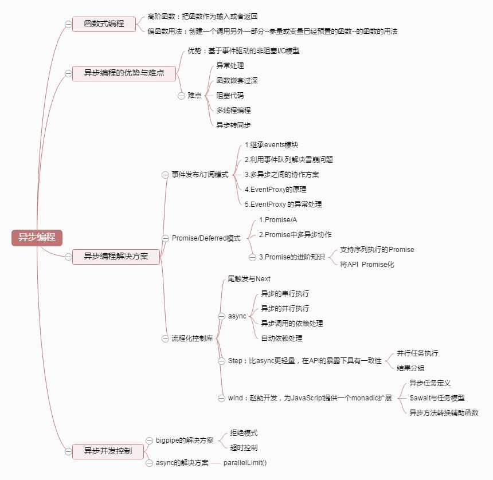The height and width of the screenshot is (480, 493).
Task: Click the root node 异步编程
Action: tap(37, 238)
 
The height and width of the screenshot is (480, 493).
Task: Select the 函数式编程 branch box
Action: tap(104, 23)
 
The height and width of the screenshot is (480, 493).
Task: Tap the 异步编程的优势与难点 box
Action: tap(123, 73)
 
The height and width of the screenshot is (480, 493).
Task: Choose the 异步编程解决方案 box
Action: tap(116, 257)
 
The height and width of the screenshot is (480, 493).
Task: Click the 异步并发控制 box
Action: tap(107, 451)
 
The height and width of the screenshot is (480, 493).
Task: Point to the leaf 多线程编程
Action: tap(233, 110)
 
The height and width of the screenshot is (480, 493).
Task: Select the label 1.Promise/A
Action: tap(278, 219)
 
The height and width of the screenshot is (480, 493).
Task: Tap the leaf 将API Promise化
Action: tap(367, 265)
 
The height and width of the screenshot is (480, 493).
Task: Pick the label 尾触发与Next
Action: tap(249, 279)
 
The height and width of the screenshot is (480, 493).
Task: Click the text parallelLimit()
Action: tap(245, 463)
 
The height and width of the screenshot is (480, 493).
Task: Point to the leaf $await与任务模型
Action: tap(437, 398)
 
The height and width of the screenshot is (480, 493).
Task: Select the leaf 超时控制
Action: tap(244, 447)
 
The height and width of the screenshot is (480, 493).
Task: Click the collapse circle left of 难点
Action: tap(181, 96)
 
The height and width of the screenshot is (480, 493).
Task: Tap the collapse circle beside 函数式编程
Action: tap(69, 24)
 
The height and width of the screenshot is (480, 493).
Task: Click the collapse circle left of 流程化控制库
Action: tap(165, 339)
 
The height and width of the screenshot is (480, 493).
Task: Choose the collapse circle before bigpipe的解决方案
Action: tap(149, 440)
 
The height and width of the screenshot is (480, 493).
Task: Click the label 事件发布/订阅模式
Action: tap(200, 174)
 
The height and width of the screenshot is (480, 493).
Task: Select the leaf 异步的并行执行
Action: tap(285, 308)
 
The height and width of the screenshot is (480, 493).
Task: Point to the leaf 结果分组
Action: tap(410, 368)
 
